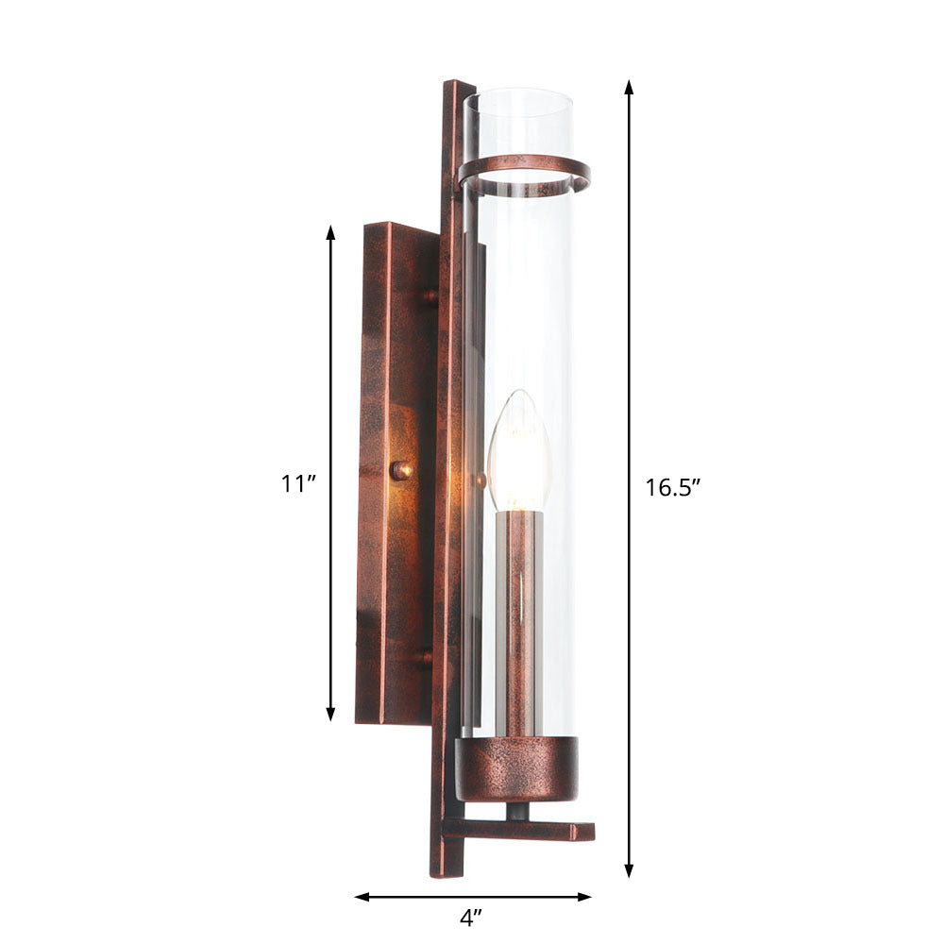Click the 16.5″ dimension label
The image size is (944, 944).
point(672,488)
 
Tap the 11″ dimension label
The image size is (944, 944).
point(297,483)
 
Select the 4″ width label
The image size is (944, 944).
point(471,916)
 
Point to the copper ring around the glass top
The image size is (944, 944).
point(524,173)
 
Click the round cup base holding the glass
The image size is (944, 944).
point(516,767)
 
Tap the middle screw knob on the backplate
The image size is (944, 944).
point(402,469)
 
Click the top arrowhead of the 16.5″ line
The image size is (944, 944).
point(629,87)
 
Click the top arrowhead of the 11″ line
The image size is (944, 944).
point(330,232)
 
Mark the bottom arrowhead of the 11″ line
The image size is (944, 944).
point(330,715)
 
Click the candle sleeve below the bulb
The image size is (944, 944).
point(518,623)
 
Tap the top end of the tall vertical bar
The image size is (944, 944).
point(458,87)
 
